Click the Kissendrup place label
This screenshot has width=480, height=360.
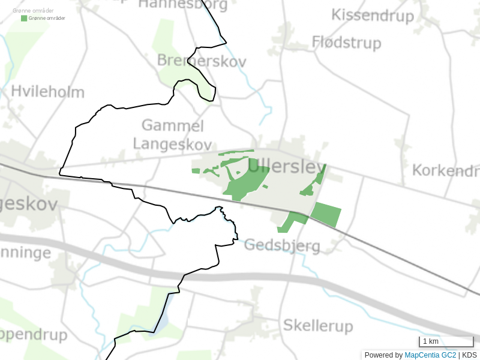click(x=373, y=16)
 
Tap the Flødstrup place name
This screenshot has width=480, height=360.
click(x=346, y=43)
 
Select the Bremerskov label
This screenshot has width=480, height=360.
click(x=193, y=61)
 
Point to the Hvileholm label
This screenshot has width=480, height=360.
click(x=47, y=92)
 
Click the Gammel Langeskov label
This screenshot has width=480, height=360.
click(x=172, y=135)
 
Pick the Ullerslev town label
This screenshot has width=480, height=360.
click(x=285, y=166)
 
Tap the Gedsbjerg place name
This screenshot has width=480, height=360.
click(x=282, y=245)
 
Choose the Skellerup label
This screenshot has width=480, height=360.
click(x=317, y=326)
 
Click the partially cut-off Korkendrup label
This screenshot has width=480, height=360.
click(x=445, y=170)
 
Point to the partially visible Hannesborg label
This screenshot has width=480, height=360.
click(x=183, y=5)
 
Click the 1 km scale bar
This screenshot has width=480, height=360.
click(x=446, y=342)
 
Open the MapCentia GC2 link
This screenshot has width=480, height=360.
click(x=430, y=355)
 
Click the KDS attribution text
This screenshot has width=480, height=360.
click(x=469, y=355)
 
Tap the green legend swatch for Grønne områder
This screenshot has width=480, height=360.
click(x=24, y=18)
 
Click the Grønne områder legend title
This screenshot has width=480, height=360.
click(x=33, y=11)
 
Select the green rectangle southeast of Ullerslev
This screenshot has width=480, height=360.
click(x=326, y=214)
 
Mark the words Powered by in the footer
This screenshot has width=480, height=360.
click(x=383, y=355)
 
